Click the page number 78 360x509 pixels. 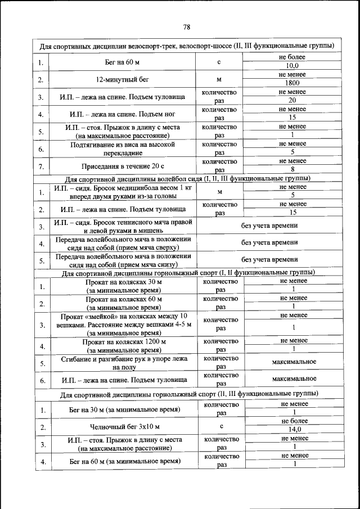pos(186,26)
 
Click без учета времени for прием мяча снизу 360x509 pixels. pos(269,260)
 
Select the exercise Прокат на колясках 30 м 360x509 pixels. pos(123,286)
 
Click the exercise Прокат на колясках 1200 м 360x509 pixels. pos(123,345)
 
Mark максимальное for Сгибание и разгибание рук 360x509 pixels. pos(293,362)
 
